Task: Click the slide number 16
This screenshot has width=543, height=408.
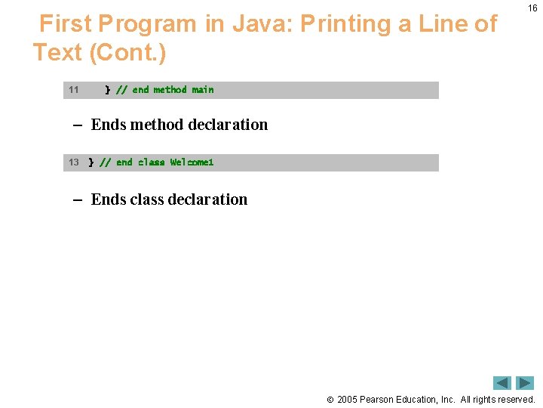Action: [x=532, y=8]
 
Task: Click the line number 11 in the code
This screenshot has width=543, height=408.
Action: [x=73, y=90]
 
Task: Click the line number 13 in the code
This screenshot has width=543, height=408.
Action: [x=73, y=162]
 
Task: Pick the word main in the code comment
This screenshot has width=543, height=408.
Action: [x=203, y=90]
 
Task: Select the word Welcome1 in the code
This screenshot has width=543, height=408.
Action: [x=192, y=162]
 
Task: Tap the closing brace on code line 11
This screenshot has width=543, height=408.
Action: [x=107, y=90]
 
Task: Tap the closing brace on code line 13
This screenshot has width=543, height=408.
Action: [x=91, y=162]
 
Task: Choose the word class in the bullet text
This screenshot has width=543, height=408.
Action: [x=146, y=199]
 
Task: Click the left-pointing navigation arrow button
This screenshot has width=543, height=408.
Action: [x=502, y=383]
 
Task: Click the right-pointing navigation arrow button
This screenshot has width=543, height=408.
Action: [x=525, y=383]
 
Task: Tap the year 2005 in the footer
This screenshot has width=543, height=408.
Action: [x=347, y=399]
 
